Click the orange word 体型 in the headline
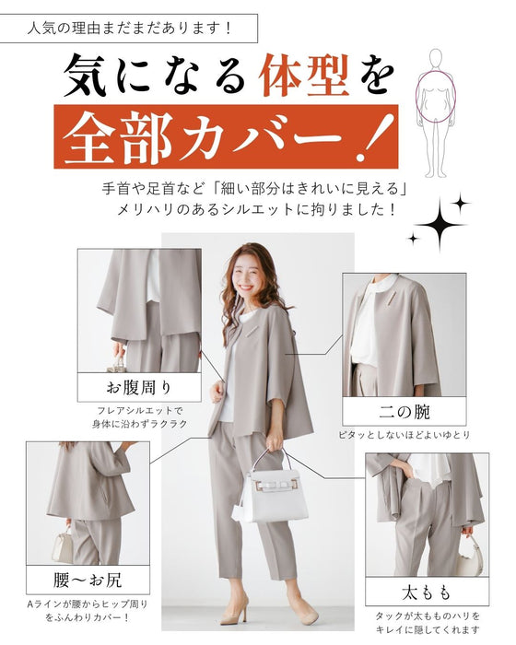tap(304, 76)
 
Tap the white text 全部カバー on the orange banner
tap(203, 135)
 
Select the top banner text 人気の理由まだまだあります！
tap(130, 29)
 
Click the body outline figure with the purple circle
tap(436, 113)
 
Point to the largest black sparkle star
tap(440, 225)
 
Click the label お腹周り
tap(139, 388)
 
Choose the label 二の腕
tap(405, 411)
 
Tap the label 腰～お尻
tap(88, 580)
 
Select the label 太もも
tap(427, 592)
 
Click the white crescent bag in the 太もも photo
tap(470, 555)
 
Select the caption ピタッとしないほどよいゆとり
tap(405, 434)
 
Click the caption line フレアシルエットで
tap(139, 410)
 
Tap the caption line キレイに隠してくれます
tap(428, 629)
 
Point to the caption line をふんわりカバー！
tap(88, 617)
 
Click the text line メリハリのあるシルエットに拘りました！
tap(256, 210)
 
